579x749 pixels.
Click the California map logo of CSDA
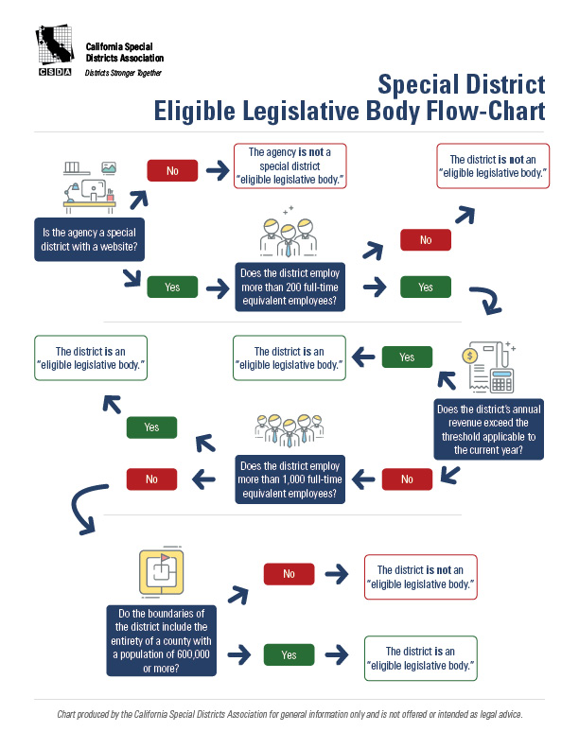tap(54, 47)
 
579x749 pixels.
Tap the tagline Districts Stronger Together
tap(123, 72)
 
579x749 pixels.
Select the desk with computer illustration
tap(90, 187)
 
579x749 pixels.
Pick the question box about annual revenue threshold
tap(488, 429)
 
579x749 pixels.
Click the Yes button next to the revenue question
tap(407, 357)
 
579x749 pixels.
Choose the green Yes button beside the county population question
tap(289, 654)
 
